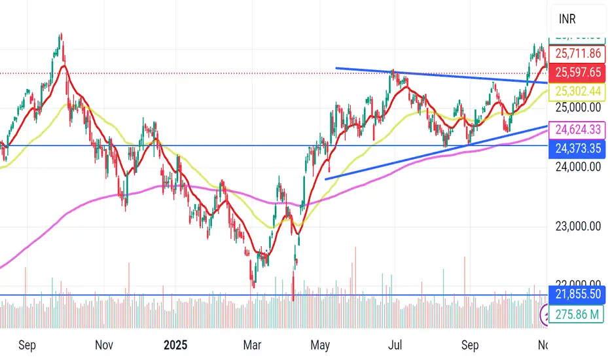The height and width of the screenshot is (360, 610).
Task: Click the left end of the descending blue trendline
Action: point(336,68)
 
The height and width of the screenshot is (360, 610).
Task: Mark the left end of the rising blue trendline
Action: point(325,179)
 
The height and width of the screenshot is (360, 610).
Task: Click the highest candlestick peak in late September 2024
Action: point(61,34)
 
